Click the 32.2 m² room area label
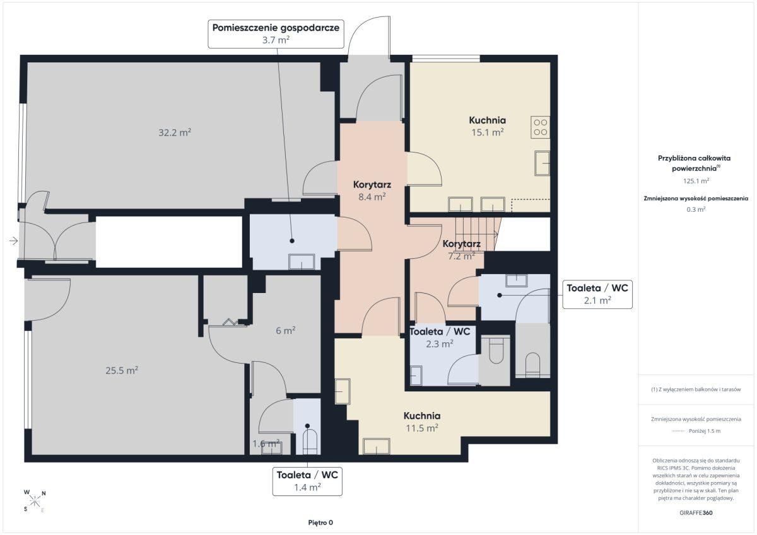[x=175, y=132]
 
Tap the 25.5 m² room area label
[x=122, y=371]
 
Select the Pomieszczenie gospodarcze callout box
[x=276, y=34]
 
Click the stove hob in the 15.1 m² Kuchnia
[x=540, y=127]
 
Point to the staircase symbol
[x=476, y=234]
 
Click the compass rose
[x=35, y=501]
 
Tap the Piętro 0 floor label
[x=320, y=522]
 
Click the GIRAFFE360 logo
[x=696, y=513]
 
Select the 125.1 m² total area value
[x=696, y=181]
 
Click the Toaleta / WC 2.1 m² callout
[x=597, y=294]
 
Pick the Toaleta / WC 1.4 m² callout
[x=307, y=481]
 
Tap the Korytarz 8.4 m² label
[x=372, y=191]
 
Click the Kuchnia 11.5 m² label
[x=422, y=422]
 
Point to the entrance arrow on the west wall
[x=13, y=241]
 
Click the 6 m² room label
[x=286, y=330]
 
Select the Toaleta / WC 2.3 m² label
[x=440, y=338]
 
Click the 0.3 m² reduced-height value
[x=696, y=209]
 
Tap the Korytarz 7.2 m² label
[x=462, y=250]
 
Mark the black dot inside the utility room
[x=292, y=241]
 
